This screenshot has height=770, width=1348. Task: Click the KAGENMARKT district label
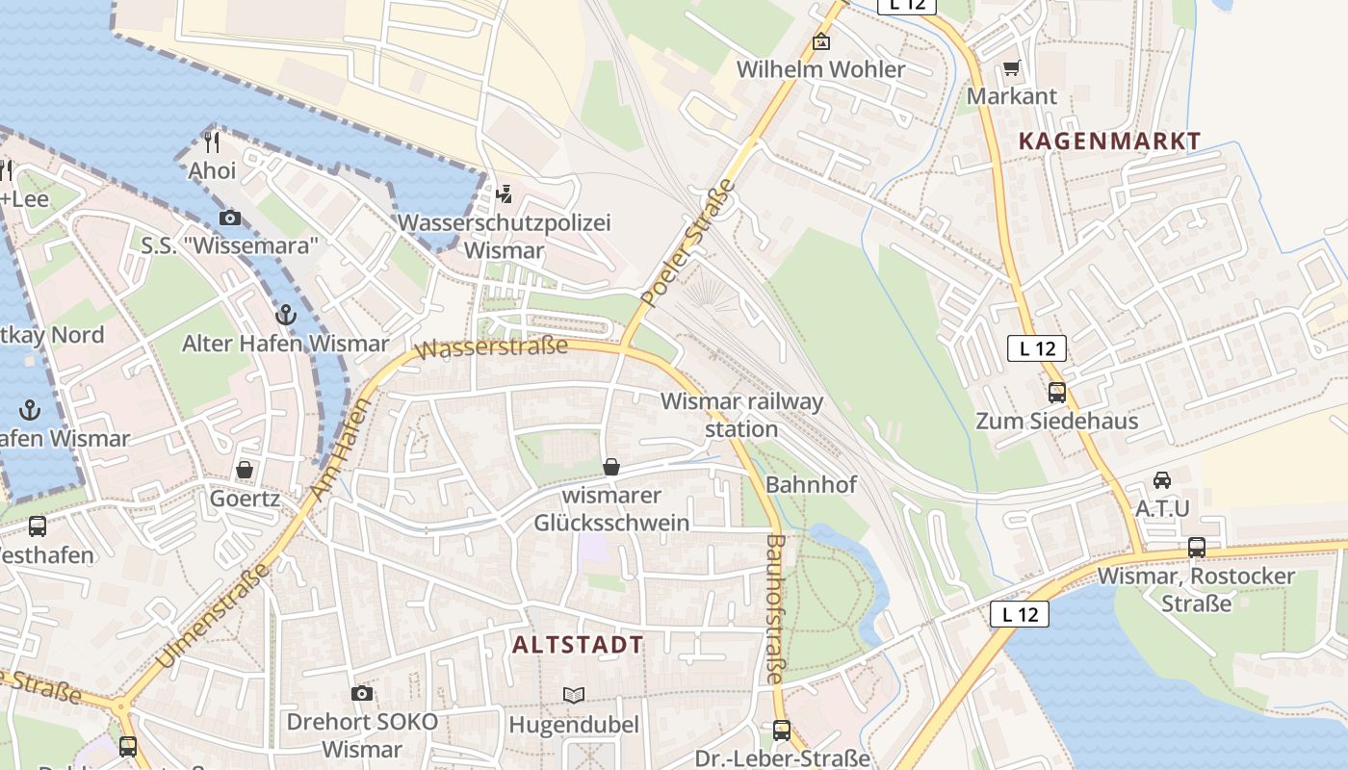click(1109, 141)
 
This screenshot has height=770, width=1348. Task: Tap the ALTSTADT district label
click(578, 645)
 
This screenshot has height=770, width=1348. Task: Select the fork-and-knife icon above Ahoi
click(213, 142)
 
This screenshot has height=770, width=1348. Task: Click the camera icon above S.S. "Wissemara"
click(229, 218)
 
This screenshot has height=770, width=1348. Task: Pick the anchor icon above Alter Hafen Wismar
click(285, 315)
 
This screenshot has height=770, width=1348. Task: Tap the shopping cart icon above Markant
click(1011, 68)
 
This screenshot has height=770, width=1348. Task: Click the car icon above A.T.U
click(1162, 479)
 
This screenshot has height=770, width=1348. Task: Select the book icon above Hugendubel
click(573, 695)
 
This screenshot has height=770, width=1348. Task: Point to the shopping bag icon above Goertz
click(245, 470)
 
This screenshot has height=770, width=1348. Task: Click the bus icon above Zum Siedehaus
click(1056, 393)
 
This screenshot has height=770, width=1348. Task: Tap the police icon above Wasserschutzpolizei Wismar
click(504, 194)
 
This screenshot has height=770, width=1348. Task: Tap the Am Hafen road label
click(339, 449)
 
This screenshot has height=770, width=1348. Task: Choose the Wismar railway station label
click(741, 415)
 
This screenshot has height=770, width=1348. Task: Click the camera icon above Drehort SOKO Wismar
click(361, 693)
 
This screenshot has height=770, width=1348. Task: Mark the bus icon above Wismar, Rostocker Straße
click(1196, 548)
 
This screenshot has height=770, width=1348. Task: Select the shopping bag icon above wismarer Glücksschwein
click(610, 468)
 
